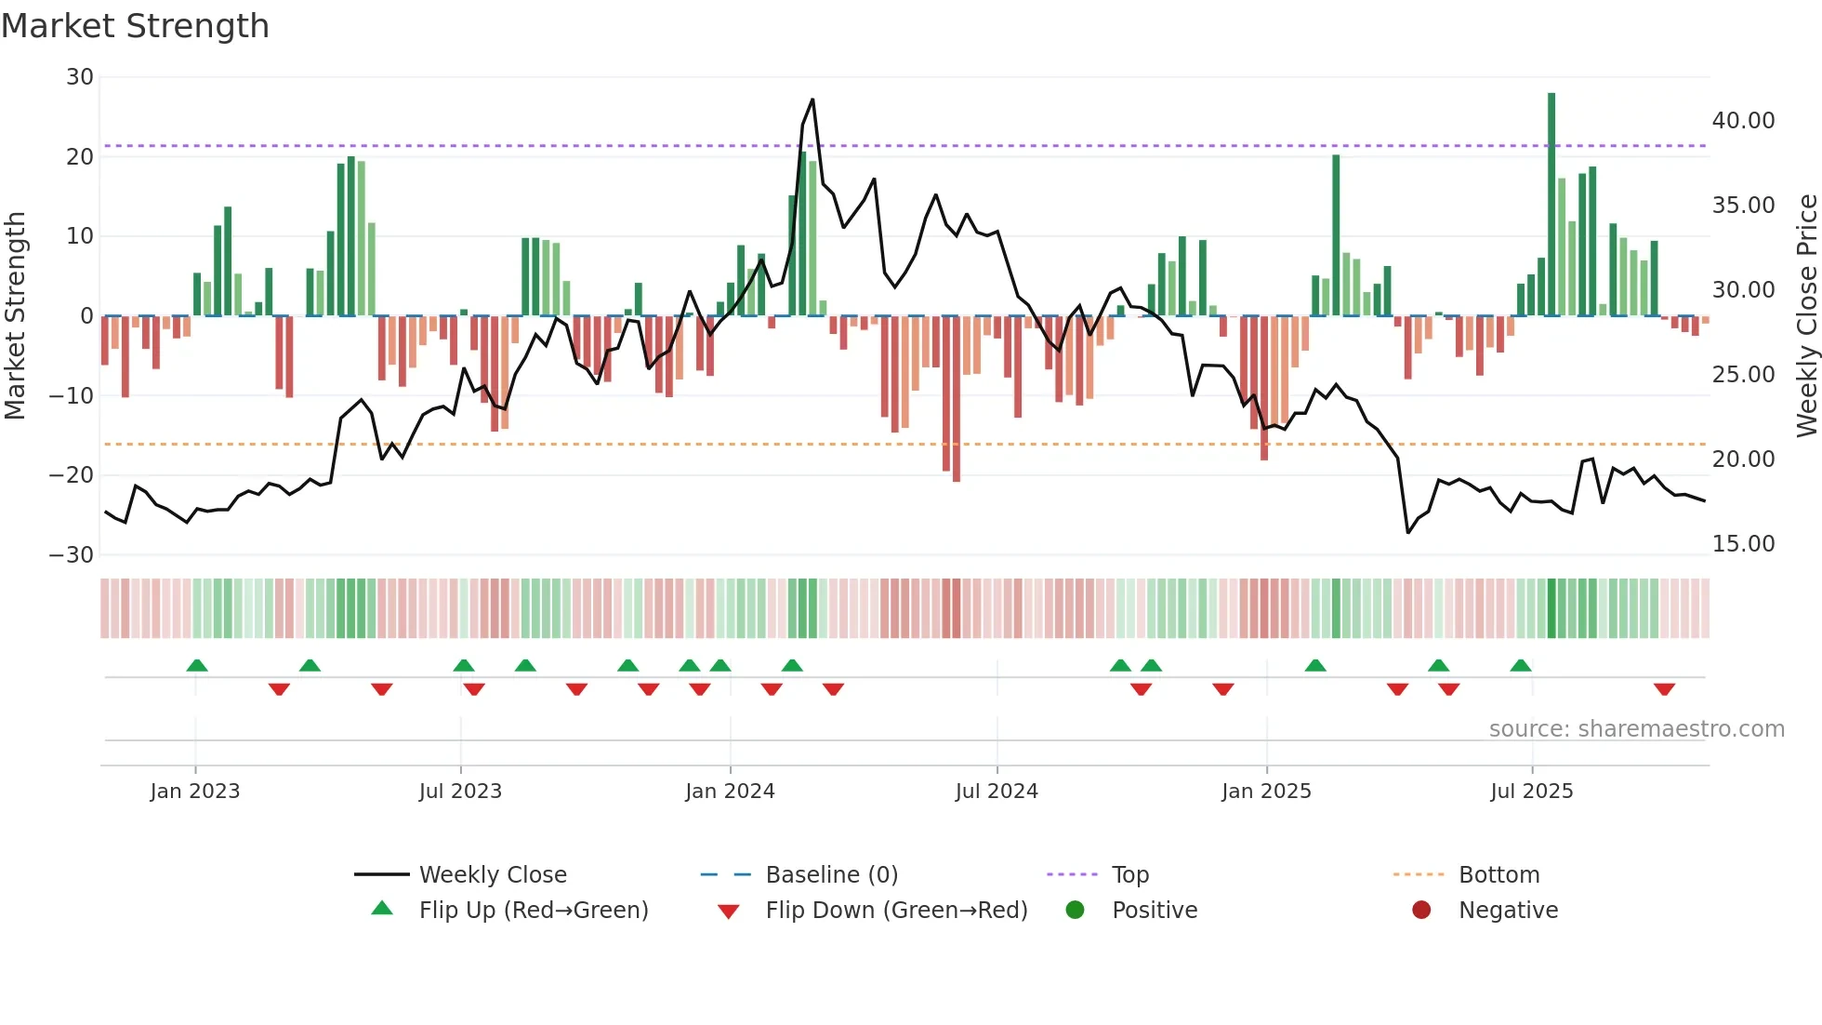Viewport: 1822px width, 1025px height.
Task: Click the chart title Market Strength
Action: [x=135, y=26]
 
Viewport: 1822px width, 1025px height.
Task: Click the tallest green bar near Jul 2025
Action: [x=1551, y=205]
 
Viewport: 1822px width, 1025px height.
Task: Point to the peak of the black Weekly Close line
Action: [x=812, y=100]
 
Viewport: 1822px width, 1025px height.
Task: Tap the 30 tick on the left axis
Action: [x=80, y=77]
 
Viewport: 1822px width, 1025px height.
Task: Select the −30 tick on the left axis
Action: [x=72, y=555]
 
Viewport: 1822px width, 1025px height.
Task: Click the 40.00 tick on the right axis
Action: [x=1743, y=121]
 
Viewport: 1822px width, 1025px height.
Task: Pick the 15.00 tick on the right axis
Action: [x=1743, y=544]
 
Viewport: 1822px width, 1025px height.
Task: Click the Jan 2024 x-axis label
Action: [x=730, y=792]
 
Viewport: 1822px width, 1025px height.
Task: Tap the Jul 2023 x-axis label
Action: [x=460, y=792]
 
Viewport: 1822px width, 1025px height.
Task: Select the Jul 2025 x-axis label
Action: [x=1531, y=792]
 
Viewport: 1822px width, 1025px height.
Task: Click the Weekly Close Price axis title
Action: [x=1806, y=316]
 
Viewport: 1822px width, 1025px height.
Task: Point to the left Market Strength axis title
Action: [x=15, y=316]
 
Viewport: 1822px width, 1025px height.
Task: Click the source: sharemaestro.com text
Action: [x=1636, y=729]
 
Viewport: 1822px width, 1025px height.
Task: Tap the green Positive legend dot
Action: [x=1076, y=911]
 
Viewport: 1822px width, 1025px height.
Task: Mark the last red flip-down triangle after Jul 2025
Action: [x=1664, y=689]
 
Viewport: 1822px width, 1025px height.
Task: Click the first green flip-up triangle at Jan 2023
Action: [x=197, y=665]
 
